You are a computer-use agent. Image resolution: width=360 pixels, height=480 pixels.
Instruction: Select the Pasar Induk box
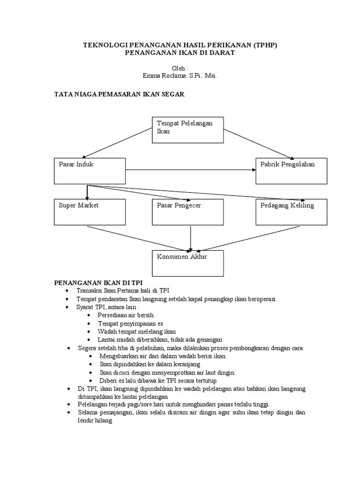[90, 171]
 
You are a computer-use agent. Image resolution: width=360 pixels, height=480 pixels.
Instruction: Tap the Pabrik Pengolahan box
[291, 171]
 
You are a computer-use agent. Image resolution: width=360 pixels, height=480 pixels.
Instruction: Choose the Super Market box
[90, 212]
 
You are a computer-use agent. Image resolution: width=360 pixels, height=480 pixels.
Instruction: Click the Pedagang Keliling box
[291, 212]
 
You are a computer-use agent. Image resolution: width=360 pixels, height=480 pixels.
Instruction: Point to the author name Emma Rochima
[165, 75]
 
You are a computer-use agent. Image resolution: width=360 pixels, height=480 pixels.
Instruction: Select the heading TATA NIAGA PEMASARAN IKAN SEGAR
[120, 94]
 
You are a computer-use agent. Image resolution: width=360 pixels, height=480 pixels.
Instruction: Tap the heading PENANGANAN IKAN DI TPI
[98, 283]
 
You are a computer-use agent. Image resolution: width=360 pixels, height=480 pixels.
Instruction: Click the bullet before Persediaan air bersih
[89, 315]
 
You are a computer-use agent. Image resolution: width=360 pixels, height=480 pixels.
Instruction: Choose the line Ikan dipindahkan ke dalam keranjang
[150, 364]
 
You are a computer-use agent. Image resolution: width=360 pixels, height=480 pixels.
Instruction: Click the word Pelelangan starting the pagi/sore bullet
[91, 404]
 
